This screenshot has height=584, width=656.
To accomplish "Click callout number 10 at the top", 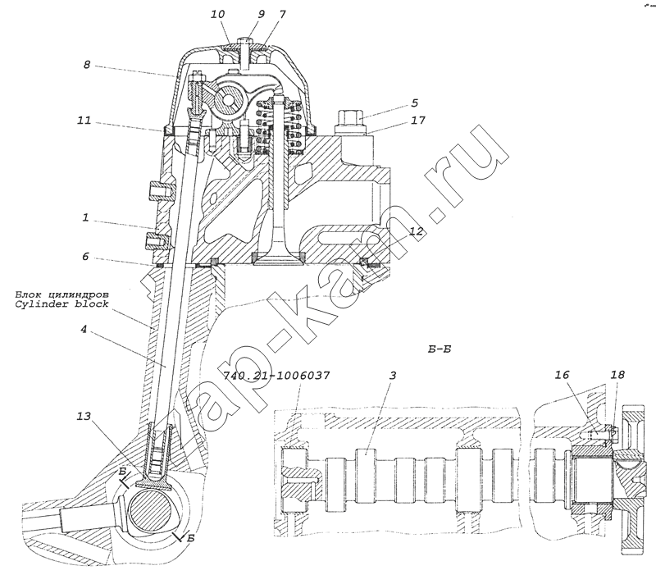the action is pos(217,14).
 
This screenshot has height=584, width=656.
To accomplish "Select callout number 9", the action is pos(261,14).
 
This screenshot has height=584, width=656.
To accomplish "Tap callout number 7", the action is pos(282,14).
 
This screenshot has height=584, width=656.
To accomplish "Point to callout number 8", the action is pos(87,65).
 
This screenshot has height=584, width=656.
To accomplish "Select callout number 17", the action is pos(417,121).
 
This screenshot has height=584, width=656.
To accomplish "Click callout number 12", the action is pos(417,231).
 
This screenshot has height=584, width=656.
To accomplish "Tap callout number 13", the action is pos(84,416).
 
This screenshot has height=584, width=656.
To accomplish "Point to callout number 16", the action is pos(562,374).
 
